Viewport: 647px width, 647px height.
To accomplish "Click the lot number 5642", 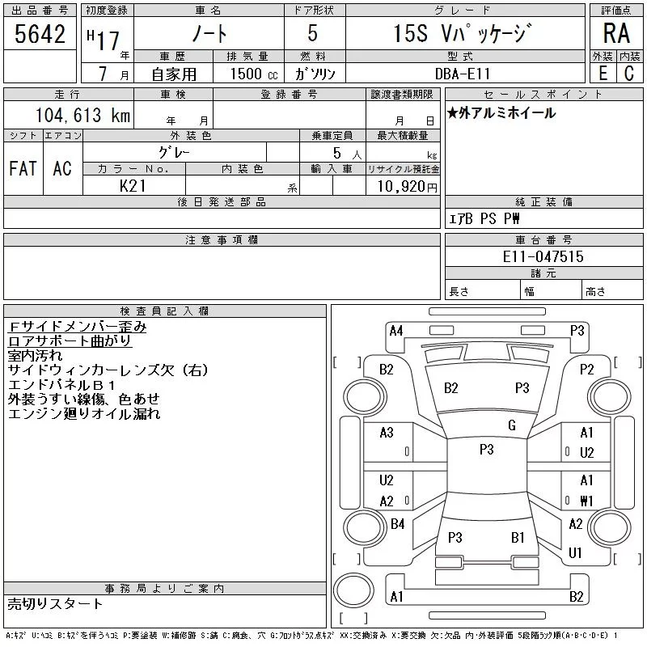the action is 40,34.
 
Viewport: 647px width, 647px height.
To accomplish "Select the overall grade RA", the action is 616,33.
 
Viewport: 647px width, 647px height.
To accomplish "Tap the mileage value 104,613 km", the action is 82,115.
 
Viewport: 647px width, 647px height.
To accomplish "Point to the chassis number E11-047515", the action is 543,256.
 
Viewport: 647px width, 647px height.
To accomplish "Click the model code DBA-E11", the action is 463,74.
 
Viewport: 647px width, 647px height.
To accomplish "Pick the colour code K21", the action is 133,186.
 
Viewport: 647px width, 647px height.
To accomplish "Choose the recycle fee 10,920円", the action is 408,187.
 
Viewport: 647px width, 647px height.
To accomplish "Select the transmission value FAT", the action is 23,168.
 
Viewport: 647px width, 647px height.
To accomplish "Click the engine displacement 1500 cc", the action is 254,74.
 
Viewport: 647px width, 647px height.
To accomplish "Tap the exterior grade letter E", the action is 603,74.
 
